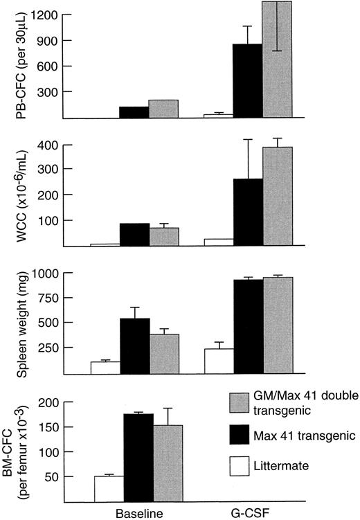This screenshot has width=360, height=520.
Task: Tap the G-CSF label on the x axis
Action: pyautogui.click(x=246, y=513)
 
